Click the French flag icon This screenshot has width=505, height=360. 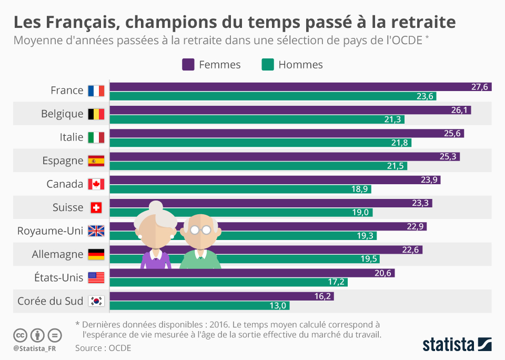point(96,91)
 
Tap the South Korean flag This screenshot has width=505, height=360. point(96,301)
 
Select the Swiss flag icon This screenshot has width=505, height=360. point(96,207)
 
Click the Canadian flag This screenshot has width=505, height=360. point(96,184)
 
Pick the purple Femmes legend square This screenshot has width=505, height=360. point(188,65)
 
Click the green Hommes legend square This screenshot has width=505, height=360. point(268,65)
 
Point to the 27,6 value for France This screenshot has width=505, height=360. point(479,87)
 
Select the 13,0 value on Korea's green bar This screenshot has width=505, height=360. point(277,306)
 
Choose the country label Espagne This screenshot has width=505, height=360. point(63,161)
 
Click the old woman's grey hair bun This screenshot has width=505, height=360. point(156,206)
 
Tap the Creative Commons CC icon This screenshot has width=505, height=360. point(20,335)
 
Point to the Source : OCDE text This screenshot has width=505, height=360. point(103,348)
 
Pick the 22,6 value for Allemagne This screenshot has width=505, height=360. point(410,250)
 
